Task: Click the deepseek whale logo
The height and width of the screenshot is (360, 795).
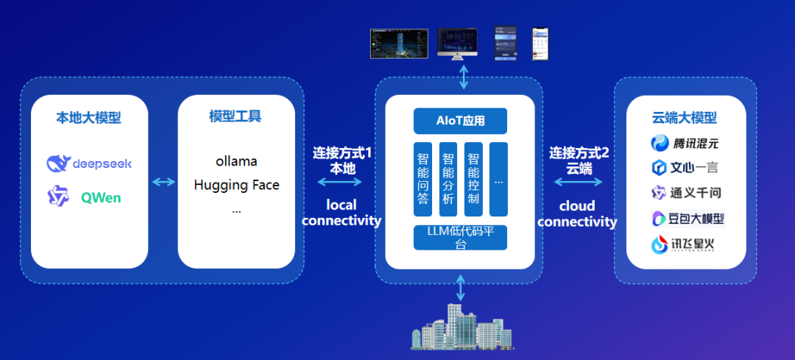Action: click(57, 163)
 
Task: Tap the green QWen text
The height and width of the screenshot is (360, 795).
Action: click(101, 197)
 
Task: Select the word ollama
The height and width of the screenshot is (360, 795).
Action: click(236, 160)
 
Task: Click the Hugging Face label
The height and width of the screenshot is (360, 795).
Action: click(236, 185)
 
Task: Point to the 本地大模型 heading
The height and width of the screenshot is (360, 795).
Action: click(89, 117)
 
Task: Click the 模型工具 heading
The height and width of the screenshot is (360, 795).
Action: click(236, 116)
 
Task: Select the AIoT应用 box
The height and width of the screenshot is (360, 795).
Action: click(460, 120)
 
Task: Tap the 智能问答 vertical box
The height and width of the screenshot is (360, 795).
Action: click(423, 179)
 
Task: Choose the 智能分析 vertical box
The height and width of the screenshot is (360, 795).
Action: click(448, 179)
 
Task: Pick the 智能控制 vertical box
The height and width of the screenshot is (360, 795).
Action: click(473, 179)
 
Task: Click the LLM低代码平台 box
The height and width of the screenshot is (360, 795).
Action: click(460, 237)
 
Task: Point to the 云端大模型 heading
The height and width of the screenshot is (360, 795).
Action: click(685, 118)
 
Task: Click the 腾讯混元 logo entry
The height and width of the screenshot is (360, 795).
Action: click(685, 143)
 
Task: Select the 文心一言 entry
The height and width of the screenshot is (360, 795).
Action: click(685, 168)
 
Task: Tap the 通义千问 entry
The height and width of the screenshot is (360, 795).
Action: click(685, 193)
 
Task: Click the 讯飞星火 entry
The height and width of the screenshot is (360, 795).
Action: click(685, 244)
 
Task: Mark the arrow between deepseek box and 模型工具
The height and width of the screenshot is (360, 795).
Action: click(163, 182)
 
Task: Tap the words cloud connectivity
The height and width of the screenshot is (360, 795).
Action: click(577, 213)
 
